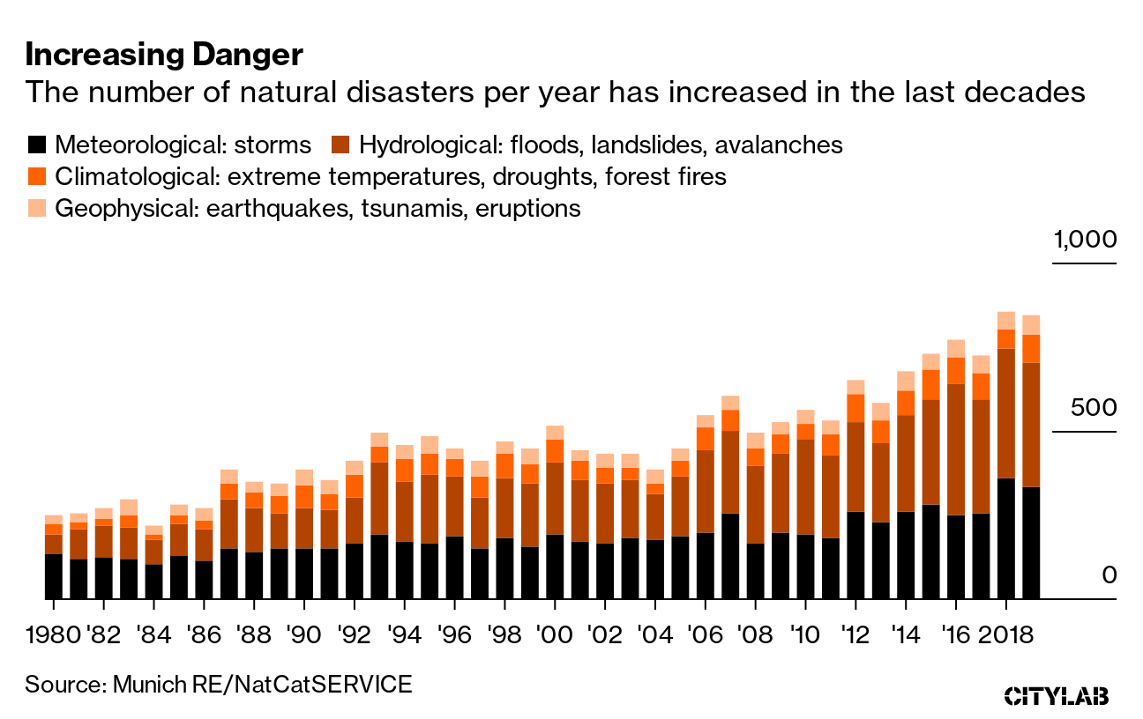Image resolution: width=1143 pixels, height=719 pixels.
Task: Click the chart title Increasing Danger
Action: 164,56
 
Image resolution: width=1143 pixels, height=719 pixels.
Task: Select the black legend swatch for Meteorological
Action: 37,145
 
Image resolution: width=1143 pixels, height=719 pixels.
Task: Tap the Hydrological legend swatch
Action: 341,145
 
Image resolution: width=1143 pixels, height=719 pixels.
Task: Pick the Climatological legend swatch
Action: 37,176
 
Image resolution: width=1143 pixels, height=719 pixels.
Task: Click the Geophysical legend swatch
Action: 37,208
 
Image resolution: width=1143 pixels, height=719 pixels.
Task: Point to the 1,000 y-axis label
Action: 1084,241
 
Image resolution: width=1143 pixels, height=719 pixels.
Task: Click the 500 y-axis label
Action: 1093,408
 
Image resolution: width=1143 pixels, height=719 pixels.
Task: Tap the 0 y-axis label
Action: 1108,574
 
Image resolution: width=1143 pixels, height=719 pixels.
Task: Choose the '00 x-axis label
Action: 555,634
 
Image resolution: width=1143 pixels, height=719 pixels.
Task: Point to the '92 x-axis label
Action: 354,634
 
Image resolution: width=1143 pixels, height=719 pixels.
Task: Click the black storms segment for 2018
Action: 1005,538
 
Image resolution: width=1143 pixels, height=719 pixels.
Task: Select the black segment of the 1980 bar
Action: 53,576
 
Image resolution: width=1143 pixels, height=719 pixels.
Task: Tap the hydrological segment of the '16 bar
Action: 955,449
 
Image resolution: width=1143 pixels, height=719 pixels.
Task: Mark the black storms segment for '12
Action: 855,555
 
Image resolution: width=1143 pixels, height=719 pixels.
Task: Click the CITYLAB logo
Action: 1057,695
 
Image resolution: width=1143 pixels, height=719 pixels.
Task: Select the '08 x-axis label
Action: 755,634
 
